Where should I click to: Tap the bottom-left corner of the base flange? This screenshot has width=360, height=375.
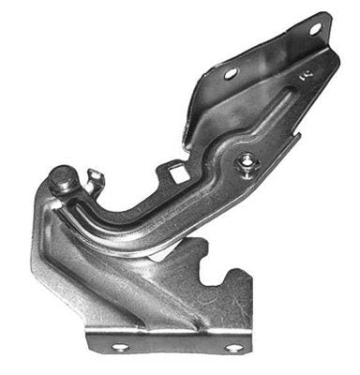coord(90,354)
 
